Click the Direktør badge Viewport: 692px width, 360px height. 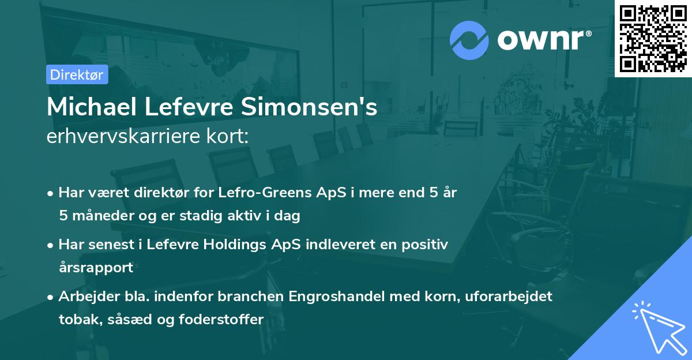coord(77,74)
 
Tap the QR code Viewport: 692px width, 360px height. coord(653,38)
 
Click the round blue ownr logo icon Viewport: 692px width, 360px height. coord(469,40)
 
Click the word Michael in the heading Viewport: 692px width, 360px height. coord(92,108)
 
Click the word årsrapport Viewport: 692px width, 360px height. coord(96,268)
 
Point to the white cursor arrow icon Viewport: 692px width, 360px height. coord(656,325)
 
